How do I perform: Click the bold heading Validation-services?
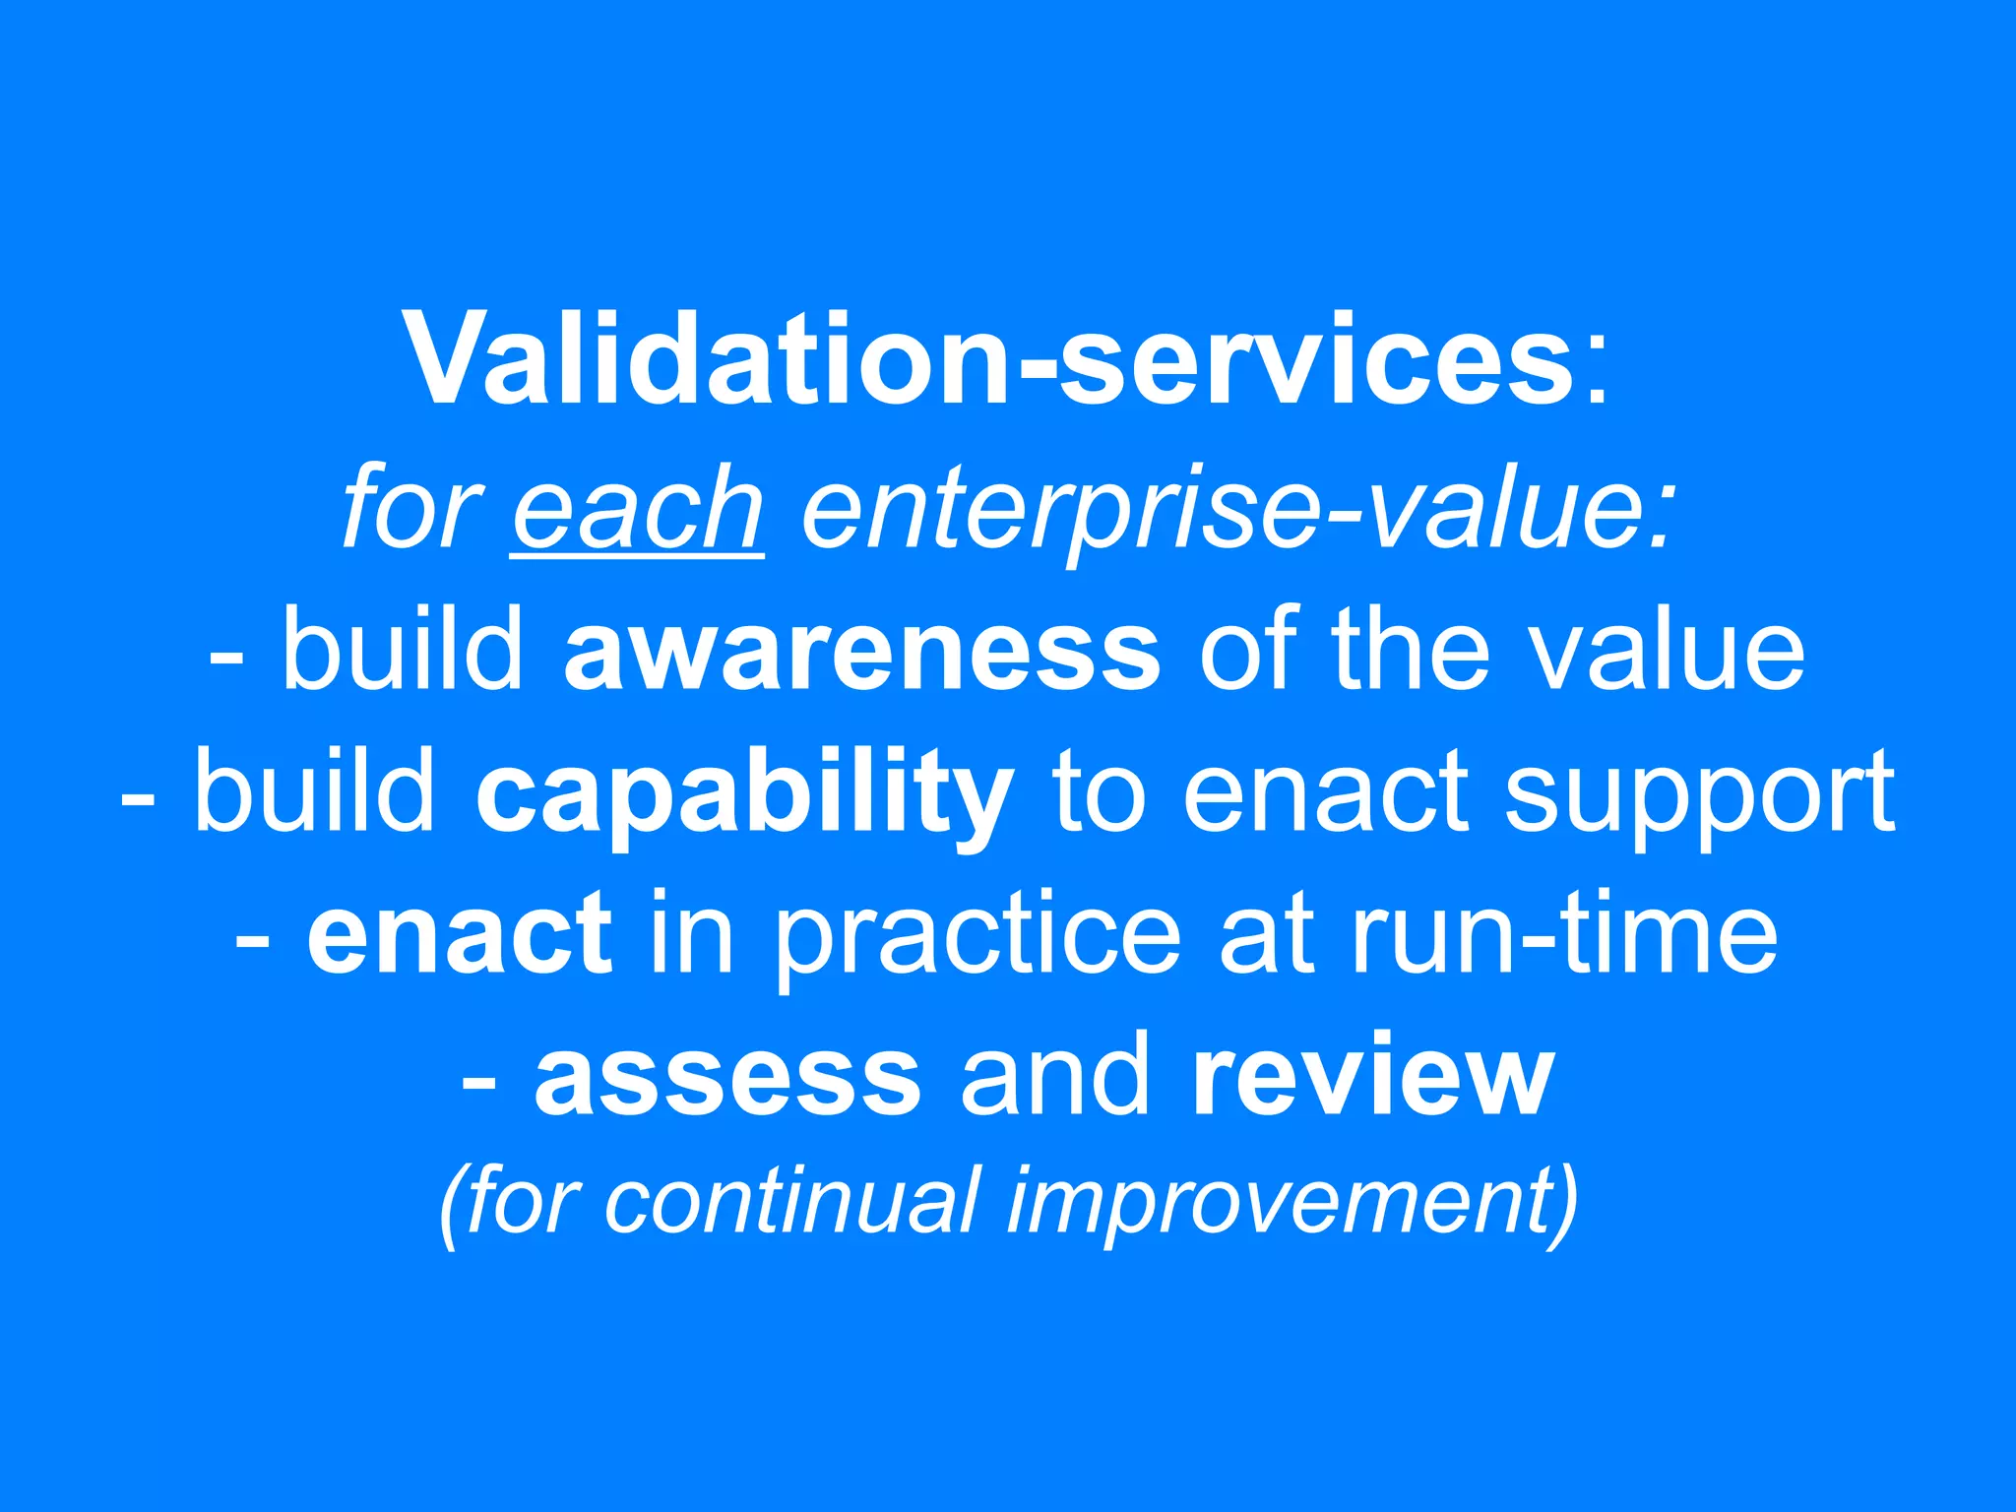pyautogui.click(x=989, y=359)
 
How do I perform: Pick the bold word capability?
pyautogui.click(x=744, y=793)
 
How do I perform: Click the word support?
pyautogui.click(x=1699, y=793)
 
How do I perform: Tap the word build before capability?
pyautogui.click(x=315, y=793)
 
